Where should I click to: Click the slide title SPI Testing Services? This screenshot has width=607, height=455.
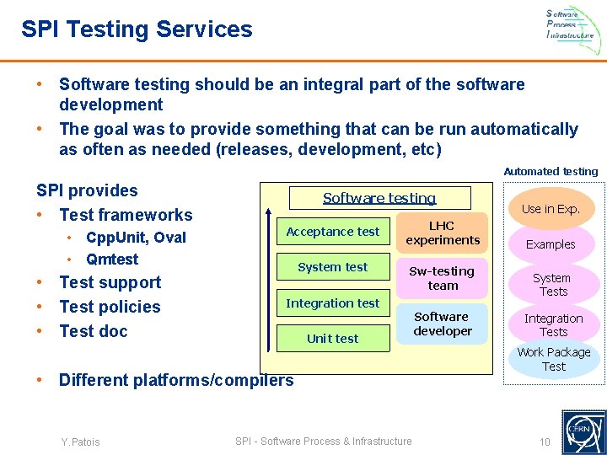coord(137,29)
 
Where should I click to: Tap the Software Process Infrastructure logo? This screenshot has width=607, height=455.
coord(570,24)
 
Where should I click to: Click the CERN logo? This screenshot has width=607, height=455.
coord(583,431)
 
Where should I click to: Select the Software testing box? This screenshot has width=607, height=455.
coord(379,198)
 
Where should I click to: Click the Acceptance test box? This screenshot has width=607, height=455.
coord(333,232)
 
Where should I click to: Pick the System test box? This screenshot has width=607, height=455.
coord(333,267)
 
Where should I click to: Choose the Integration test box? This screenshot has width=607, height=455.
coord(333,303)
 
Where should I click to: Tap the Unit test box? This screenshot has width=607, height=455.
coord(333,339)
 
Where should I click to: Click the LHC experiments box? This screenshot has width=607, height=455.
coord(442,233)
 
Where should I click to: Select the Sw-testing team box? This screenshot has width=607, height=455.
coord(442,278)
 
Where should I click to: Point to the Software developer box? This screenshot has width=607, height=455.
coord(442,324)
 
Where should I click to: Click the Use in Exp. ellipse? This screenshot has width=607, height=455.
coord(551,209)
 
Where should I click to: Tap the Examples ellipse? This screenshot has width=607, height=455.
coord(551,244)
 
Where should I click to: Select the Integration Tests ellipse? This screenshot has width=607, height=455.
coord(553,325)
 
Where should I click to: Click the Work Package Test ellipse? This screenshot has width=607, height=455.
coord(554,359)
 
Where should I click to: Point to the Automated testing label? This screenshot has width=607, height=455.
coord(551,171)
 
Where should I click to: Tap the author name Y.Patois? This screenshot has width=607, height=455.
coord(80,442)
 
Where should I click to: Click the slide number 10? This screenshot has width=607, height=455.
coord(545,442)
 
